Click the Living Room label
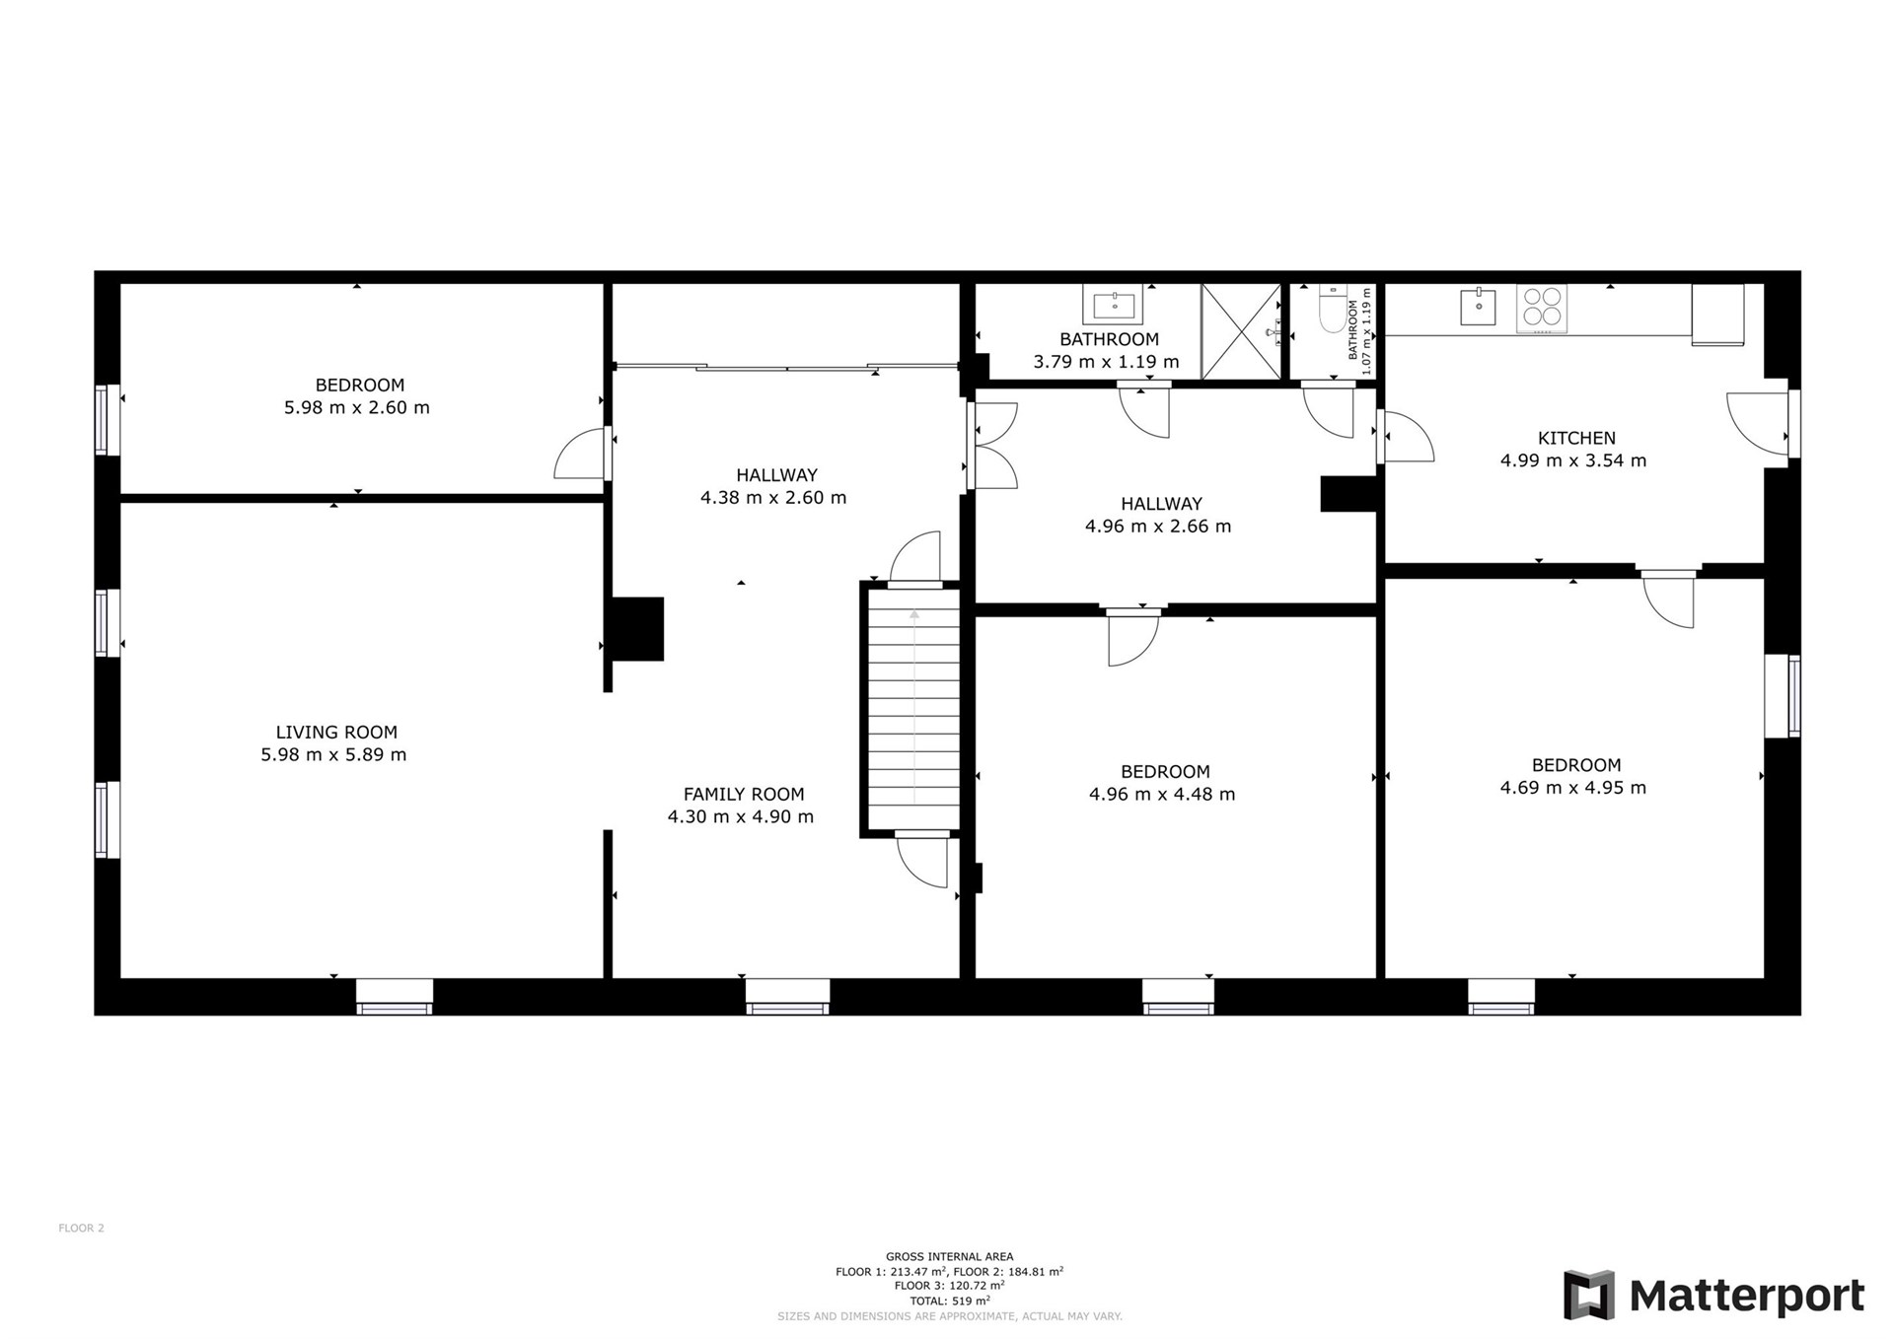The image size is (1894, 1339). (x=336, y=732)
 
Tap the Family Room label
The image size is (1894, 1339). (x=744, y=794)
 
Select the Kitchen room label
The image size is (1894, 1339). (x=1576, y=438)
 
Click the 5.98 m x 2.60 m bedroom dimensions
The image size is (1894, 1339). (x=357, y=407)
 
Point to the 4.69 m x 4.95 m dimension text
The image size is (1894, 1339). (x=1573, y=787)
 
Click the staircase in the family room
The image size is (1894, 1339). (x=913, y=709)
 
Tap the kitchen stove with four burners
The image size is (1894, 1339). (x=1542, y=306)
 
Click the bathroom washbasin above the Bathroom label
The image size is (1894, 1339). (x=1113, y=304)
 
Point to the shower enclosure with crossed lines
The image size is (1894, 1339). (x=1241, y=331)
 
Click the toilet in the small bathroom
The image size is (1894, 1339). (x=1333, y=309)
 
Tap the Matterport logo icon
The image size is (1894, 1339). (x=1589, y=1295)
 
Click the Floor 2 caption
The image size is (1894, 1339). (x=81, y=1228)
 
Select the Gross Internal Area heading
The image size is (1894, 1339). (x=949, y=1256)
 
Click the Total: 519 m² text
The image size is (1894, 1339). (x=949, y=1301)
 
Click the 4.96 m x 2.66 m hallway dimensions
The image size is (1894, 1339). (x=1158, y=526)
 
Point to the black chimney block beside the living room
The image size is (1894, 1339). (x=637, y=628)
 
